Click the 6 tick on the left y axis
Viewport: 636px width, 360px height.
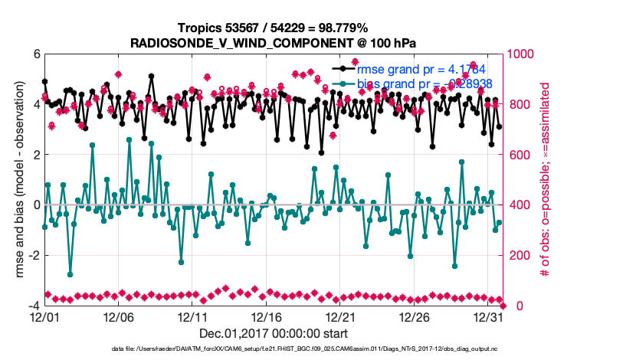point(35,54)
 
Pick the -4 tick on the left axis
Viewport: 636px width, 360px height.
point(33,306)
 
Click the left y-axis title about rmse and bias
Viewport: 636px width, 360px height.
point(15,180)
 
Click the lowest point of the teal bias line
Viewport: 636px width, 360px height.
point(70,274)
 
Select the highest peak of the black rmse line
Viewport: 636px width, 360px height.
point(152,77)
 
